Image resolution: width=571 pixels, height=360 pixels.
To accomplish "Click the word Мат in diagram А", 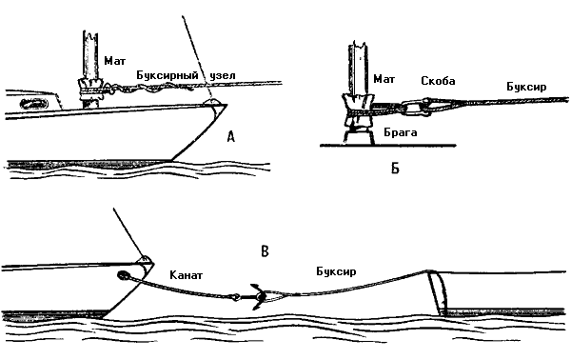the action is click(x=115, y=61).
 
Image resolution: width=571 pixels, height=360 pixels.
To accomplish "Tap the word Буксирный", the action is click(x=167, y=75).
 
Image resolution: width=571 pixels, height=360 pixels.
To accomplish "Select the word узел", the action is click(x=222, y=76).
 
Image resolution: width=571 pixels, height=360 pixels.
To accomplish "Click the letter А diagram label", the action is click(x=230, y=137).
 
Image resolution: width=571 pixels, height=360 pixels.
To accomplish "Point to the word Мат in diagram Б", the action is click(x=384, y=79).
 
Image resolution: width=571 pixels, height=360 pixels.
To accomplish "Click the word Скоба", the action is click(x=438, y=81).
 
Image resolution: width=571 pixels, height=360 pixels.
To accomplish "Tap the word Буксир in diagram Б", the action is click(x=526, y=87).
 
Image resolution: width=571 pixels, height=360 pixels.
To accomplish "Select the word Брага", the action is click(x=401, y=132).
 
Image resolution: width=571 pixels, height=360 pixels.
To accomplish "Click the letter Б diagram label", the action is click(x=396, y=169).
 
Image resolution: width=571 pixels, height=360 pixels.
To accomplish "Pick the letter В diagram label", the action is click(x=266, y=251).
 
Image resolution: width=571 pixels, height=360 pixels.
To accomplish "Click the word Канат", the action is click(x=187, y=274).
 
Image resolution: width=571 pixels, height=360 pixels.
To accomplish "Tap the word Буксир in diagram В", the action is click(x=336, y=271).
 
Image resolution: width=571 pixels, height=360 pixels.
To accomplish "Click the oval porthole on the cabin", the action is click(x=34, y=104).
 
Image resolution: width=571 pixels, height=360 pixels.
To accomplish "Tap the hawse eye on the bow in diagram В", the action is click(x=122, y=275).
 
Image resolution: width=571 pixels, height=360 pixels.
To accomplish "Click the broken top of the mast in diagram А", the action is click(x=90, y=35).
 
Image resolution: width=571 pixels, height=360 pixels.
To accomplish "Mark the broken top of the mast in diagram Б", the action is click(x=359, y=48).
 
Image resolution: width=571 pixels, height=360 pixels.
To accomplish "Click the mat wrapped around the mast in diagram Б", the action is click(x=357, y=110).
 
